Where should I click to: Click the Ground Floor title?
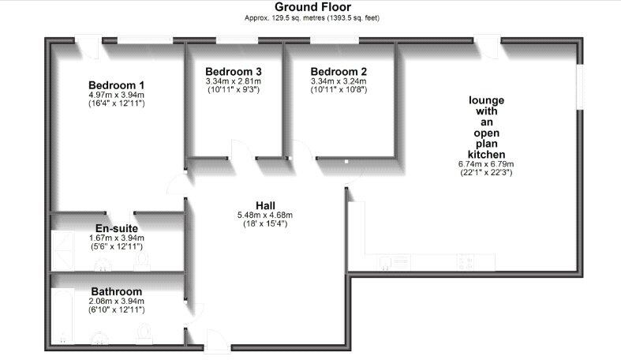(312, 7)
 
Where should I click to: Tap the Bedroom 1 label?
(117, 85)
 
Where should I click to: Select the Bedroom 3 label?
(234, 72)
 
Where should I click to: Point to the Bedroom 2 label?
(339, 72)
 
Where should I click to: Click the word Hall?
(265, 205)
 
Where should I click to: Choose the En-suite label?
(117, 228)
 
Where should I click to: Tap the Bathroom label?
(117, 291)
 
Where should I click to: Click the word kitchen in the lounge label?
(486, 155)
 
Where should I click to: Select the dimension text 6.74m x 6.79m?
(486, 164)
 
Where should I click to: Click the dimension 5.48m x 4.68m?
(265, 215)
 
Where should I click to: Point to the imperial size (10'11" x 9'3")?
(234, 90)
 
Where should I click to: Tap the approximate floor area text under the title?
(312, 18)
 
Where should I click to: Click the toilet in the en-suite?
(142, 261)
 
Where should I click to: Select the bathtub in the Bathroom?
(63, 317)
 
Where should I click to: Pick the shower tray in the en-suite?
(63, 251)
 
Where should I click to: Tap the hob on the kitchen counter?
(466, 262)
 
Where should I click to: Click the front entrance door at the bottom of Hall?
(218, 341)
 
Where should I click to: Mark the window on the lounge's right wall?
(580, 87)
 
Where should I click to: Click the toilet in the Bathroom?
(144, 334)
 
